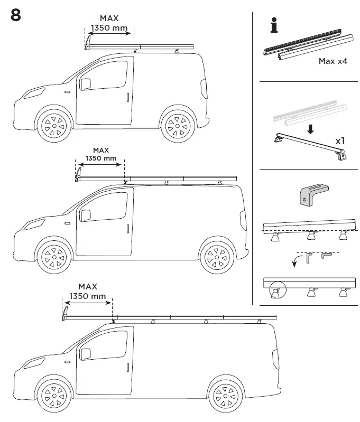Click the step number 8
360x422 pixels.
point(16,15)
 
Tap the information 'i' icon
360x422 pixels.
point(273,25)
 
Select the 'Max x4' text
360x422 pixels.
point(333,61)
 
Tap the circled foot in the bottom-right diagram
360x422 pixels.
point(275,291)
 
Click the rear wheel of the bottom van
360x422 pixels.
point(226,393)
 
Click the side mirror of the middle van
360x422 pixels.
point(85,215)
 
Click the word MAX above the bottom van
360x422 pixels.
point(88,287)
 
